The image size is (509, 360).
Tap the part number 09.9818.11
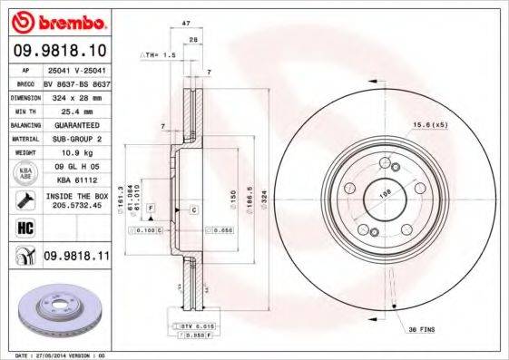[75, 258]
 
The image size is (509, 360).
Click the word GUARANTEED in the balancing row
[74, 124]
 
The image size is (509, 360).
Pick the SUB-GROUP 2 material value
[74, 139]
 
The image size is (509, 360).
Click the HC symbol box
[24, 226]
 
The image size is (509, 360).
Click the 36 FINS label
[423, 327]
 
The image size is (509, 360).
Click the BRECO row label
[26, 82]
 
